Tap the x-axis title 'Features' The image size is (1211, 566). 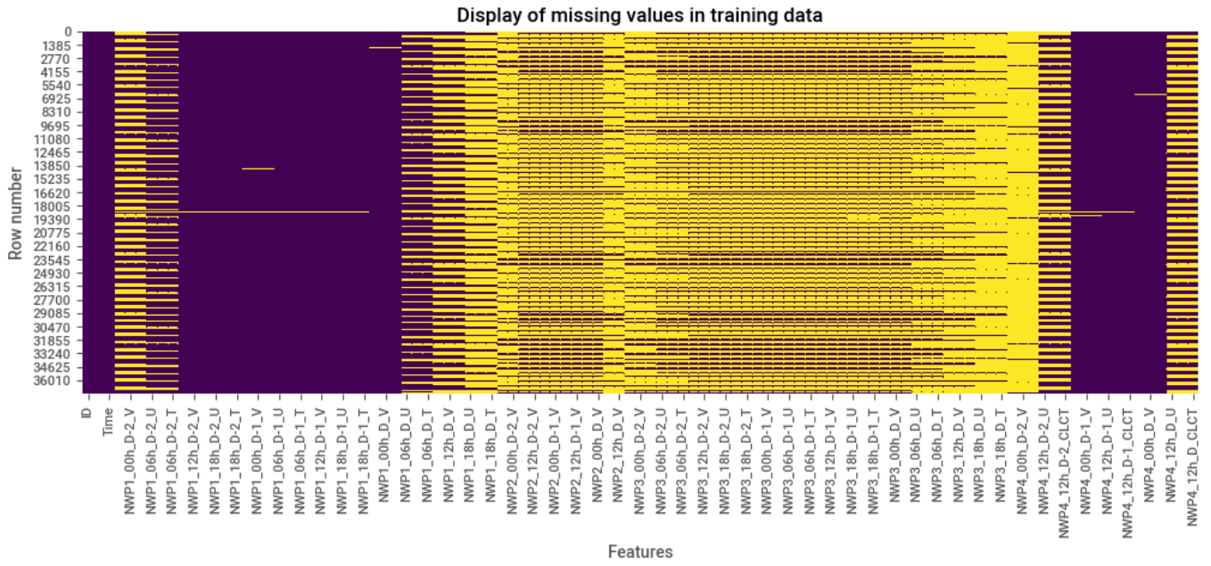[639, 552]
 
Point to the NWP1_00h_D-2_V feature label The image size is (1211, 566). [130, 456]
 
